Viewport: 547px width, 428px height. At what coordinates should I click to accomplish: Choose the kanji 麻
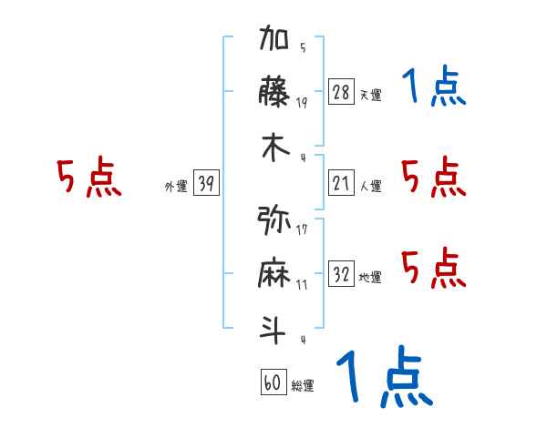pos(274,273)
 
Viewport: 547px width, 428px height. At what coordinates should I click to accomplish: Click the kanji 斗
pos(274,328)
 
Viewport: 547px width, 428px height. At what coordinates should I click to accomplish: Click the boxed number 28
pos(341,92)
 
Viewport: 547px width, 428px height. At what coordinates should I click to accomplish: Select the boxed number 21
pos(341,183)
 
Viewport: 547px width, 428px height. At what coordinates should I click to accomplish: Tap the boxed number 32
pos(341,274)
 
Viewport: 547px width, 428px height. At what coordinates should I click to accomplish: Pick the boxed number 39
pos(206,184)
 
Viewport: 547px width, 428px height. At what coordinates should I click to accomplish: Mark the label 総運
pos(303,386)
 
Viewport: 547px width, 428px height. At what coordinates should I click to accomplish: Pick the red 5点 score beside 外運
pos(88,178)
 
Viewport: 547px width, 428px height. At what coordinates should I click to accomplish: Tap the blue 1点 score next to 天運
pos(433,87)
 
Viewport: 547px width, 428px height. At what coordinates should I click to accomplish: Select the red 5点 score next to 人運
pos(433,177)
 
